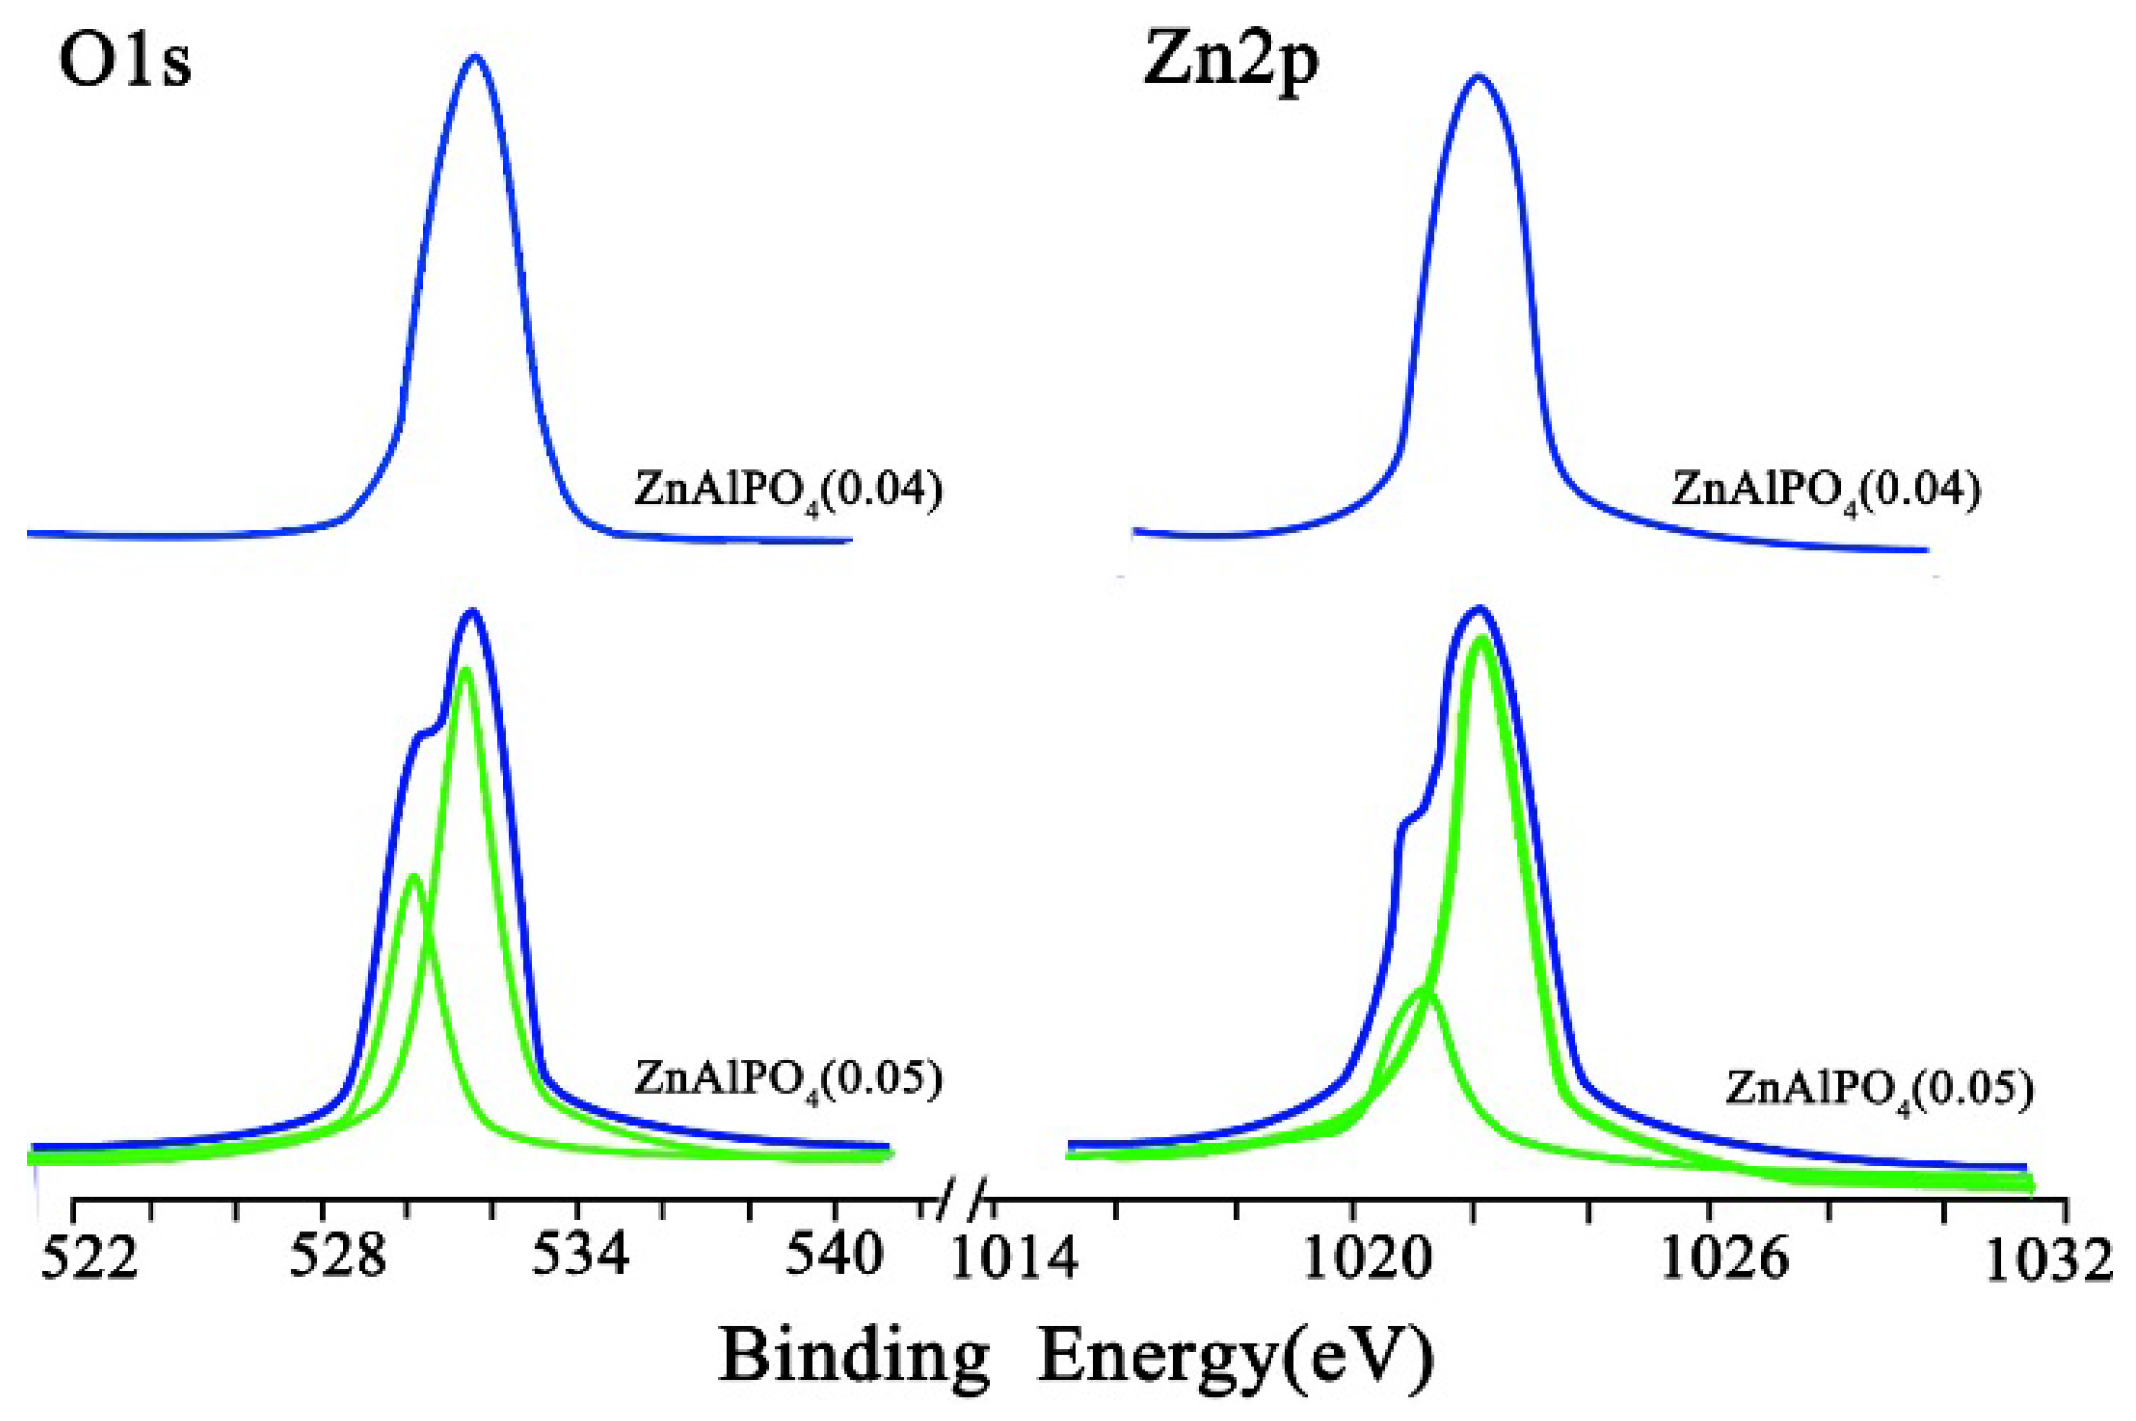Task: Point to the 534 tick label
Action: coord(580,1255)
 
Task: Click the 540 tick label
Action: coord(833,1255)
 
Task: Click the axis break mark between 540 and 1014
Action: coord(962,1200)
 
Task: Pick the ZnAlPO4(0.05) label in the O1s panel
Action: coord(788,1080)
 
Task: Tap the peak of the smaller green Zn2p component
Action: coord(1426,990)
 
